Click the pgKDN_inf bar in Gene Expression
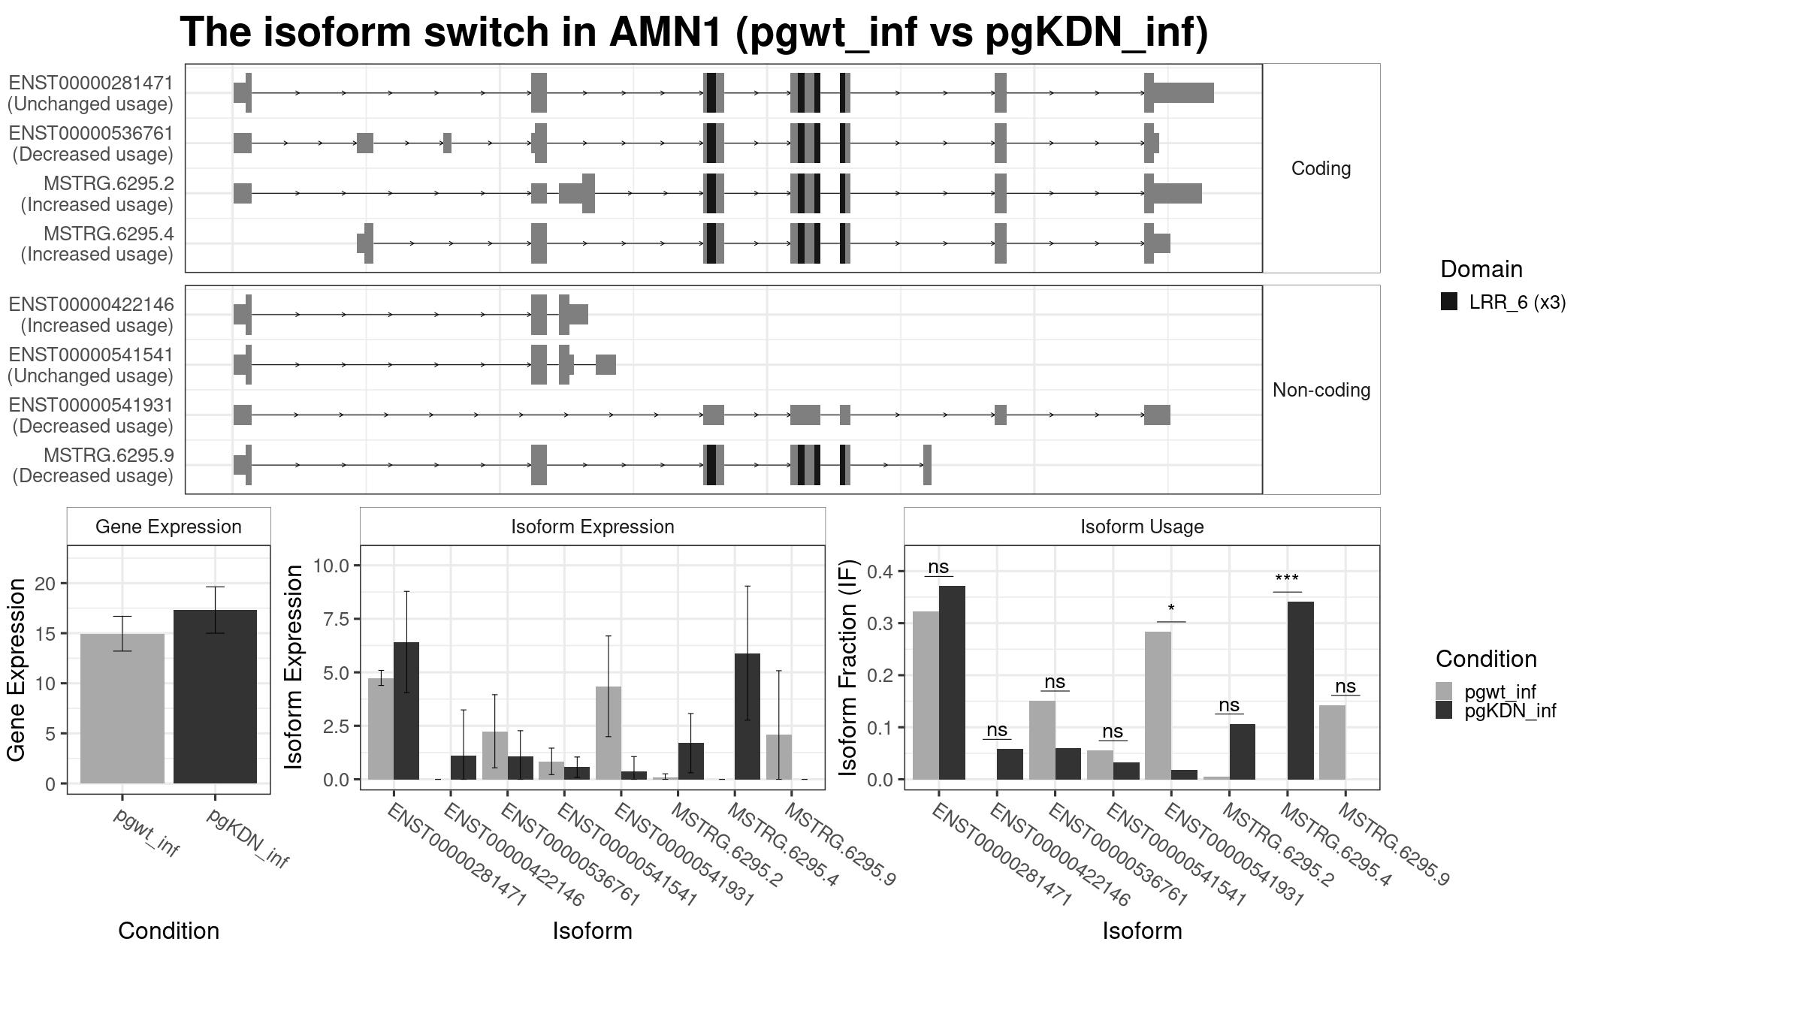click(x=215, y=696)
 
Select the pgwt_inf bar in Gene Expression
click(x=122, y=708)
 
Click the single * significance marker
click(x=1171, y=608)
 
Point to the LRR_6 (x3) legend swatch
click(x=1449, y=302)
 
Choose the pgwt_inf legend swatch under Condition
click(x=1444, y=691)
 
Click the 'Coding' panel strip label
click(x=1321, y=168)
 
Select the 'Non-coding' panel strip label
click(x=1321, y=390)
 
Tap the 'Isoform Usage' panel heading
click(x=1142, y=527)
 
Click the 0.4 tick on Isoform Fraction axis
click(x=880, y=572)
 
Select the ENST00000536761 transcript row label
click(x=91, y=133)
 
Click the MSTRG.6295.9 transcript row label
click(x=108, y=455)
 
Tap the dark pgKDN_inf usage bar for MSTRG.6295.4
click(x=1300, y=690)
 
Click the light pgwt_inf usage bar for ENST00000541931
click(x=1158, y=705)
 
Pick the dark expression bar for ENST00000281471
click(x=406, y=711)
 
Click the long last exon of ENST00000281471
click(x=1183, y=93)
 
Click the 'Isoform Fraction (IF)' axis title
click(x=848, y=667)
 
